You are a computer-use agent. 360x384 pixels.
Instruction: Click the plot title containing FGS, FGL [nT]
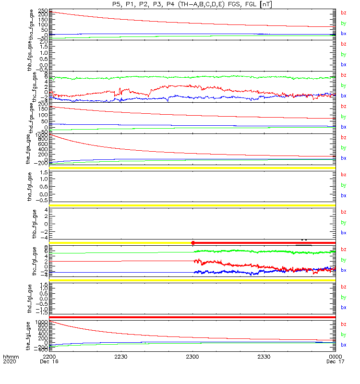tap(192, 4)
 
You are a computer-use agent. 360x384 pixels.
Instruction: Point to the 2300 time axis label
tap(192, 357)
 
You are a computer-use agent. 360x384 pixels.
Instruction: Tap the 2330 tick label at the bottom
tap(264, 357)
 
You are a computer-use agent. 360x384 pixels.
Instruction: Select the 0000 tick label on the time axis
tap(335, 357)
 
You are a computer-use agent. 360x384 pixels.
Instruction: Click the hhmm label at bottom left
tap(10, 357)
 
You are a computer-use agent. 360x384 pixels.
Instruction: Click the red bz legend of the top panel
tap(344, 13)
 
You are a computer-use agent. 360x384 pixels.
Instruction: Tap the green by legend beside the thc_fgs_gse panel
tap(344, 85)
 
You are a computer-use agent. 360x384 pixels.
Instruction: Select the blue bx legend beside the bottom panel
tap(344, 345)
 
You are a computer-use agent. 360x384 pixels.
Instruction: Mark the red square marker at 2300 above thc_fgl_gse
tap(192, 243)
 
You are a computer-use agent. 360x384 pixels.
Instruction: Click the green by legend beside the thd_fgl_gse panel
tap(344, 297)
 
